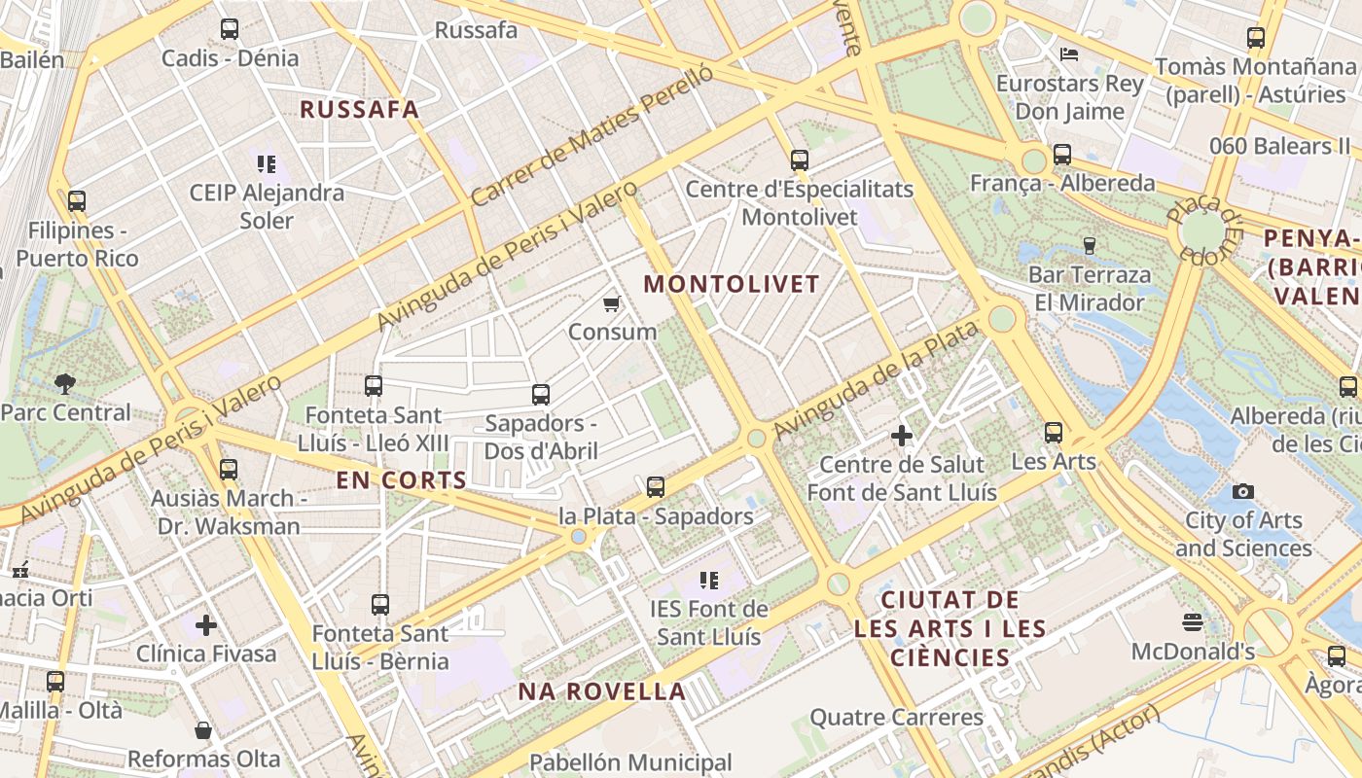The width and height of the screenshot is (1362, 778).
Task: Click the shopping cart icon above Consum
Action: pos(612,304)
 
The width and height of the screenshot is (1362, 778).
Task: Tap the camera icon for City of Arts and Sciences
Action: pos(1242,492)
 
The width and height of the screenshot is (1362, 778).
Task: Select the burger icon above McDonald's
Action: pos(1193,621)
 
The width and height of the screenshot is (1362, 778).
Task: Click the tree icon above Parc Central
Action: pos(65,383)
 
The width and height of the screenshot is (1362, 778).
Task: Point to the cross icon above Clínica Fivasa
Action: pos(205,624)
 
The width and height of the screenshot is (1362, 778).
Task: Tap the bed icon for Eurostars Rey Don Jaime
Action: pos(1069,54)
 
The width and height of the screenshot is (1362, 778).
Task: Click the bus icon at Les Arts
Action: pos(1054,433)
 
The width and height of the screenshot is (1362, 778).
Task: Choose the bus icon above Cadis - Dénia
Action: pos(230,29)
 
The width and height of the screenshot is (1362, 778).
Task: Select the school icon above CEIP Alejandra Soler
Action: pos(267,163)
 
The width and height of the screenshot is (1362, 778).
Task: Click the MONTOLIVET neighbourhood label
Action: pos(733,284)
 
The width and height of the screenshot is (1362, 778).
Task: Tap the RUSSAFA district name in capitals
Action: pos(360,109)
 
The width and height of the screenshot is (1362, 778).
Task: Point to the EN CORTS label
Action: pos(402,480)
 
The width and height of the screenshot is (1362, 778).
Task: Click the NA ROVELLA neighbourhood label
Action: pos(602,692)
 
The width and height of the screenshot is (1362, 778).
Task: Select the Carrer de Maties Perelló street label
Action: pos(592,136)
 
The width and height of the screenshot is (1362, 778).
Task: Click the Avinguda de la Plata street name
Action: pos(875,380)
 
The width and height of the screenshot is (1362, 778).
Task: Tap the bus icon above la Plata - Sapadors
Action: pos(656,486)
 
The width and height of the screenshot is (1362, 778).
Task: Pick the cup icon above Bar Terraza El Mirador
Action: pos(1089,245)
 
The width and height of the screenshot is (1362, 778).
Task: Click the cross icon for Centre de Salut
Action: pos(902,436)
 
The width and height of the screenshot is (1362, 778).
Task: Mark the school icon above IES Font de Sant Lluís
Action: pos(709,581)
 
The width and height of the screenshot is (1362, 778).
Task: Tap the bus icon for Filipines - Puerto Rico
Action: pos(77,201)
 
